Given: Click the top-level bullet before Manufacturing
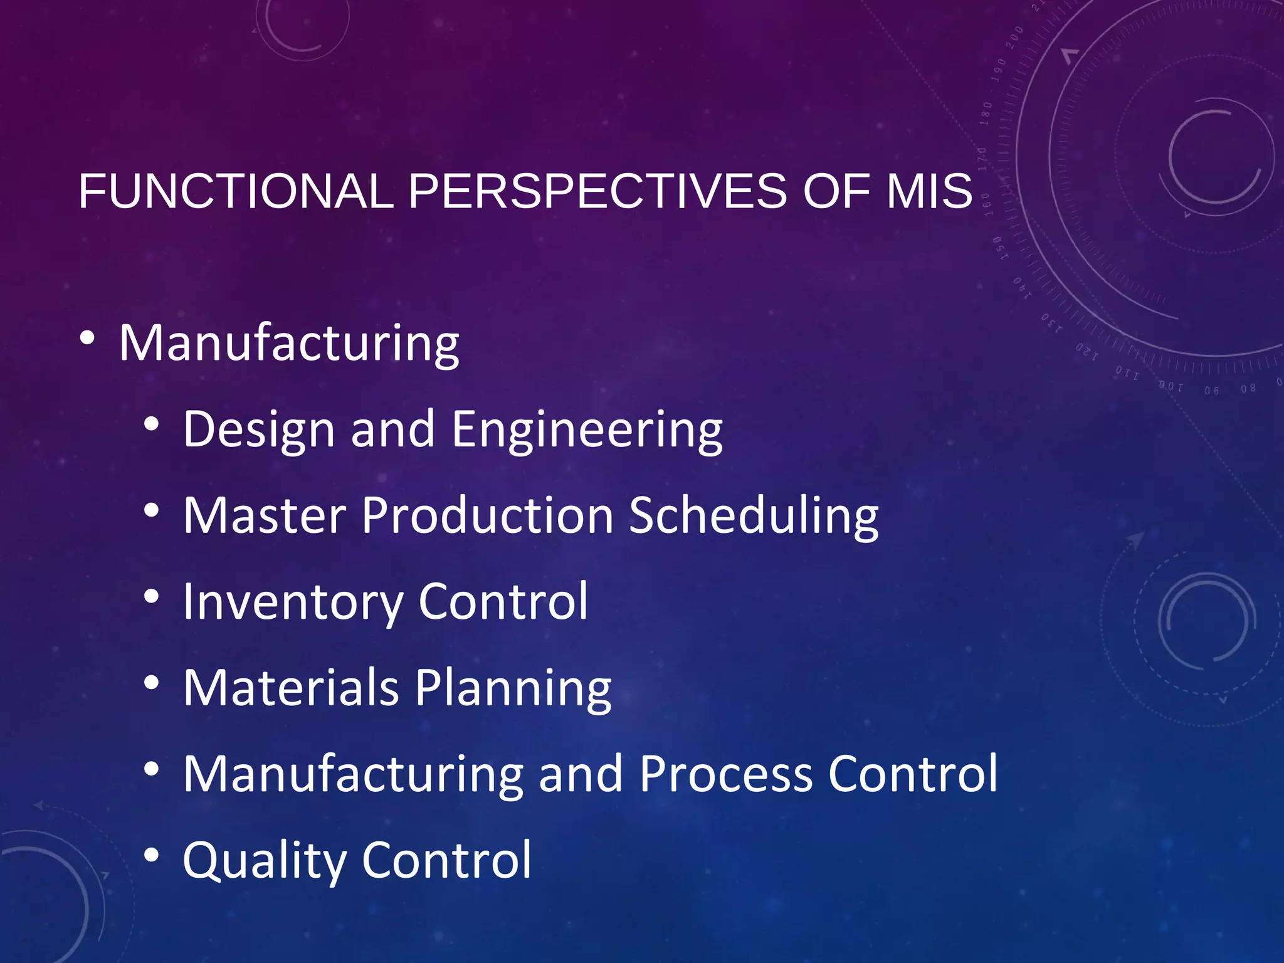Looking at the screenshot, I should click(x=88, y=339).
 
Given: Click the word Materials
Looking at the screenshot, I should click(x=291, y=688).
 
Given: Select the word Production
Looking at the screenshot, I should click(x=487, y=515).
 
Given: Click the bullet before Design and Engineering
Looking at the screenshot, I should click(x=151, y=424).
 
